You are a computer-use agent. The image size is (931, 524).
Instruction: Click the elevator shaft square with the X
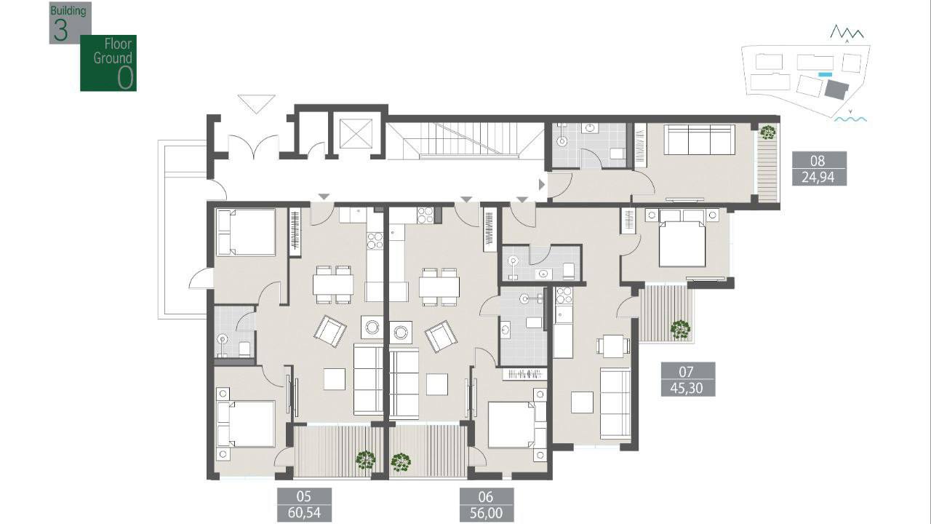(356, 133)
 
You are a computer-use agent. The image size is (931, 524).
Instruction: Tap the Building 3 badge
(70, 23)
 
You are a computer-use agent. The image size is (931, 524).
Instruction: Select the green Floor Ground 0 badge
(108, 63)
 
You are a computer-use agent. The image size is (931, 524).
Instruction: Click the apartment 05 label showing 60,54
(304, 504)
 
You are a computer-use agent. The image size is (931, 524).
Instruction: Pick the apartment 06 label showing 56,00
(487, 504)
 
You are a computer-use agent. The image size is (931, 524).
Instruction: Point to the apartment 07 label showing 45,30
(688, 379)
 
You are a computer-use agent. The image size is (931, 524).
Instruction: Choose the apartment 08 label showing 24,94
(819, 168)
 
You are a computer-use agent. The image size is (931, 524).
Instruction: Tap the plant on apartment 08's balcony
(767, 132)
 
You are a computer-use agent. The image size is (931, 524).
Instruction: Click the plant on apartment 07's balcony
(680, 330)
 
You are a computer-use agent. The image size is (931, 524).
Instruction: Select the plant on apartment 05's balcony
(366, 461)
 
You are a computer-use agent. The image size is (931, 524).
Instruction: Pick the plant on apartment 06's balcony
(401, 462)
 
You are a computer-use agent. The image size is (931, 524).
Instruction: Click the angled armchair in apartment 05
(330, 331)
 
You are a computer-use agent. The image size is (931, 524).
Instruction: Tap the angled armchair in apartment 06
(441, 336)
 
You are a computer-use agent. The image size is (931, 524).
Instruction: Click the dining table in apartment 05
(333, 285)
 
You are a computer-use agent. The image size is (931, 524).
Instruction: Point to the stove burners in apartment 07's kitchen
(564, 295)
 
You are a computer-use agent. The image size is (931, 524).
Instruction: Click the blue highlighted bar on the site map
(825, 74)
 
